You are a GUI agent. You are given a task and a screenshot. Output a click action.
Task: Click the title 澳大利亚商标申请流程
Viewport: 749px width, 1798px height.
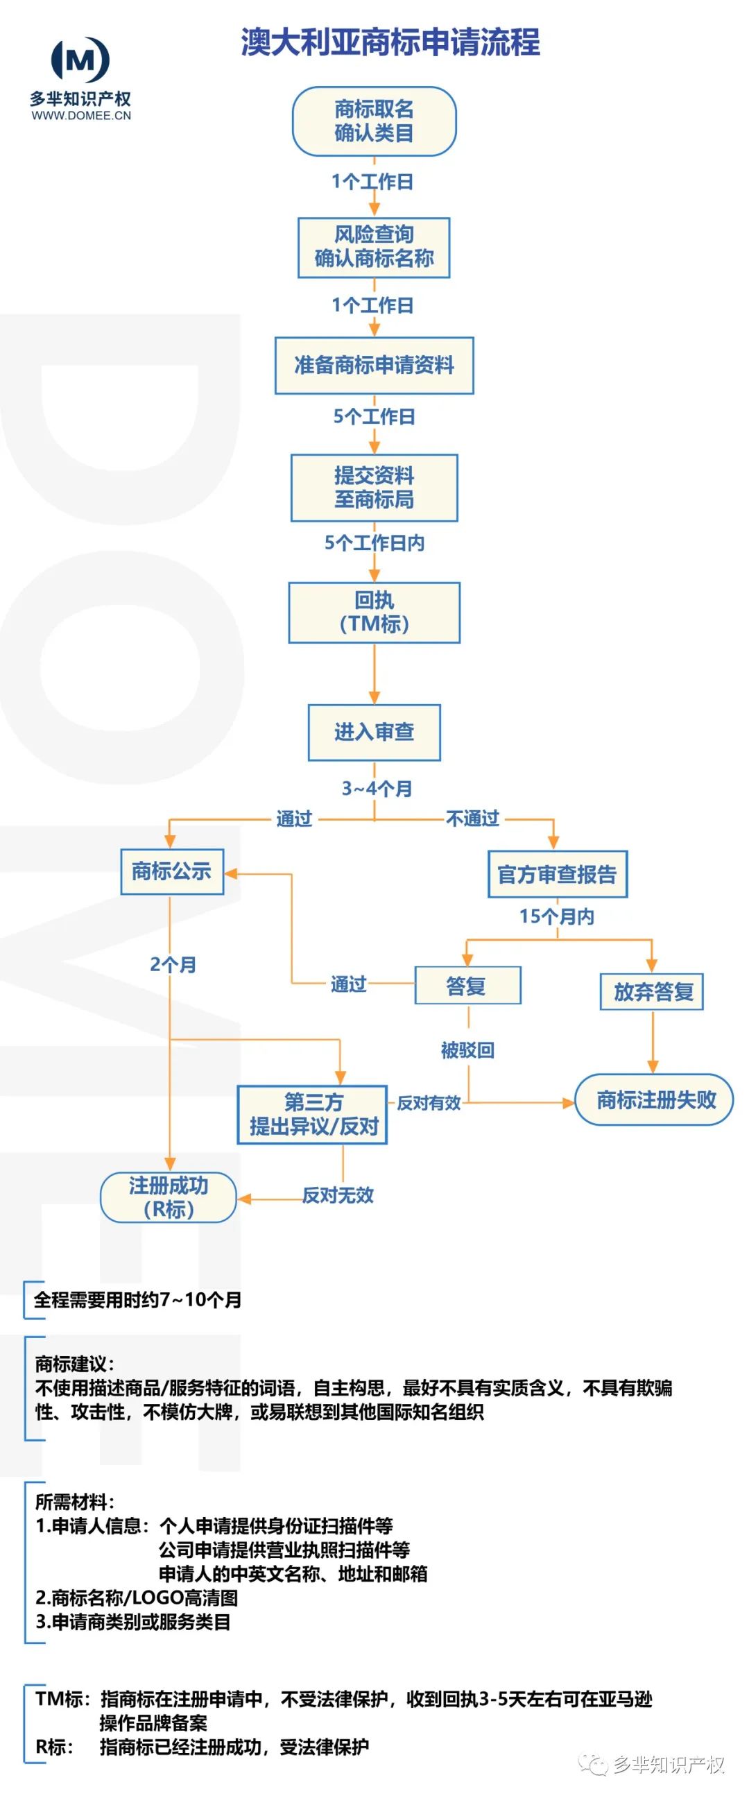[x=390, y=42]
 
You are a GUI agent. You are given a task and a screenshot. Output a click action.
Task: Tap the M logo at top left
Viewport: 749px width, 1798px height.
[x=81, y=60]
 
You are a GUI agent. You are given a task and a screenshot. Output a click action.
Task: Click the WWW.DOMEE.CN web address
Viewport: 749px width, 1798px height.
[x=81, y=116]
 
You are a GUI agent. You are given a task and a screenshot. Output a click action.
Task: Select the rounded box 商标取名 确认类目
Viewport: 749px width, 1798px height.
[x=373, y=121]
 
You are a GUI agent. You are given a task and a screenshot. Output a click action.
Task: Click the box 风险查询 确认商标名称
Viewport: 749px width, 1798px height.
[x=373, y=247]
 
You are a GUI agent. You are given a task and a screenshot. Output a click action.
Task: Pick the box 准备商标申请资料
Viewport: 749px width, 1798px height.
[x=373, y=365]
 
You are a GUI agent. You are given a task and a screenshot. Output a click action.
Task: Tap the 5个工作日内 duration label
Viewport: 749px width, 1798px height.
[x=374, y=542]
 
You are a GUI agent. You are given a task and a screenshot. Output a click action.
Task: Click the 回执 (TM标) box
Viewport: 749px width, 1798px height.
[x=374, y=612]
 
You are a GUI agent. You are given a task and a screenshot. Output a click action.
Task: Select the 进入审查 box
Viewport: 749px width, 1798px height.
[x=374, y=732]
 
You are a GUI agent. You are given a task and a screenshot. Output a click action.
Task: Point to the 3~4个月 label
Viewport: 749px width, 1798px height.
[x=377, y=788]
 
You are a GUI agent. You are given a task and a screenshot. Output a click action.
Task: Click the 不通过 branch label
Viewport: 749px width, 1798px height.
[x=472, y=818]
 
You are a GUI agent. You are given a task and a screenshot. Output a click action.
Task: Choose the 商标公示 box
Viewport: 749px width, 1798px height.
[x=172, y=871]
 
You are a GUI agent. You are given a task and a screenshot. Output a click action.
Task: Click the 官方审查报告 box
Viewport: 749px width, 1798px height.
[x=557, y=874]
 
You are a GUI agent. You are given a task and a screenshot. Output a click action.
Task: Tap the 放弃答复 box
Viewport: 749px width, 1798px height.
[x=652, y=991]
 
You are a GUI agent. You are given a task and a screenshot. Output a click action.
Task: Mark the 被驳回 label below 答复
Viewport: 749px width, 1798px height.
[x=467, y=1050]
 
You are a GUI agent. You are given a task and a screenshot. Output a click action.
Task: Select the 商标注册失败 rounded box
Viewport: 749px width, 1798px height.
[x=654, y=1099]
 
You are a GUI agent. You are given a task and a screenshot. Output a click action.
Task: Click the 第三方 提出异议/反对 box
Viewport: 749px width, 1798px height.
[x=313, y=1114]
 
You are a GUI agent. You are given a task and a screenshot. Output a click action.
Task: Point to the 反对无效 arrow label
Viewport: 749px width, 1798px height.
[x=338, y=1195]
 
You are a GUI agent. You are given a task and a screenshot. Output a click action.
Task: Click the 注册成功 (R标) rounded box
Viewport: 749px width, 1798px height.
[x=169, y=1197]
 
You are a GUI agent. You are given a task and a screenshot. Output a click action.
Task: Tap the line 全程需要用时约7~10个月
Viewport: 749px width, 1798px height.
[x=137, y=1300]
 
